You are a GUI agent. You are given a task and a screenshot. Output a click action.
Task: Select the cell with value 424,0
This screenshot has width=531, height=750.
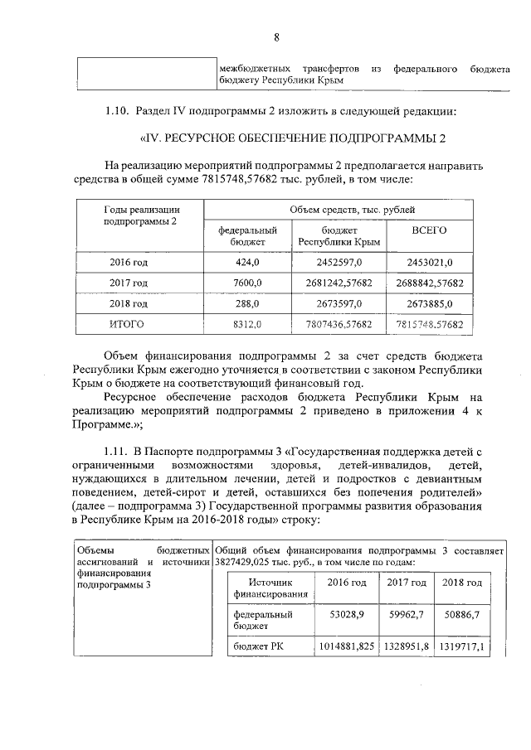point(247,263)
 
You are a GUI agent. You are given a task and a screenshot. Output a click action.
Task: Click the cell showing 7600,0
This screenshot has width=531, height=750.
point(246,283)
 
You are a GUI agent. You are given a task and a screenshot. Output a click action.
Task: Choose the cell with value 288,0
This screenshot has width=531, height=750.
point(247,303)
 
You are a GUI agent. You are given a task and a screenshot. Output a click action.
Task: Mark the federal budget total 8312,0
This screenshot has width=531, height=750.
point(246,324)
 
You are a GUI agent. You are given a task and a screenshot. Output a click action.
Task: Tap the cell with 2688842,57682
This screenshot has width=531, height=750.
point(429,283)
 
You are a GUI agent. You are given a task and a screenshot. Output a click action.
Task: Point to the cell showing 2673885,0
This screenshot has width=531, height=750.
point(429,303)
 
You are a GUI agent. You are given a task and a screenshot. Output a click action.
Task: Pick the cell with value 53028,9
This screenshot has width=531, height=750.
point(347,616)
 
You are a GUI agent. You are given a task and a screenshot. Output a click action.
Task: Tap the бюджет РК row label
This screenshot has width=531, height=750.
point(258,646)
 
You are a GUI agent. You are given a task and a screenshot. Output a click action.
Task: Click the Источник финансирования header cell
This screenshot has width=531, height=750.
point(270,588)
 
